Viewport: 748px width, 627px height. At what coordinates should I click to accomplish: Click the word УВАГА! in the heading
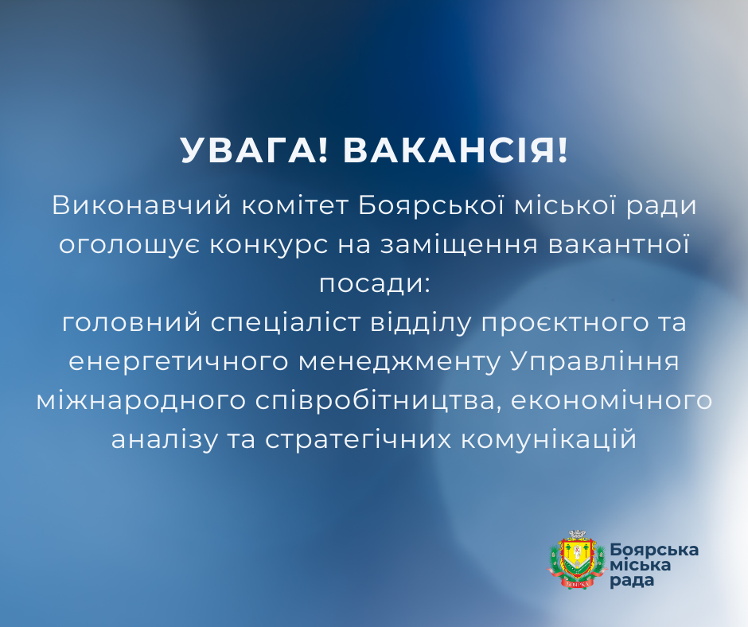[255, 150]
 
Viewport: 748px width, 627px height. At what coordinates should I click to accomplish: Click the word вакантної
[619, 244]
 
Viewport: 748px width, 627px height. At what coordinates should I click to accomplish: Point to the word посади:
[374, 283]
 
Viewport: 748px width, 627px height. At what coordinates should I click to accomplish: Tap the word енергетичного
[177, 361]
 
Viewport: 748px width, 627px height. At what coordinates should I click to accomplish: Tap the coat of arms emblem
[572, 559]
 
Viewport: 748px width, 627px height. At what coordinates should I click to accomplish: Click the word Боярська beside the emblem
[654, 550]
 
